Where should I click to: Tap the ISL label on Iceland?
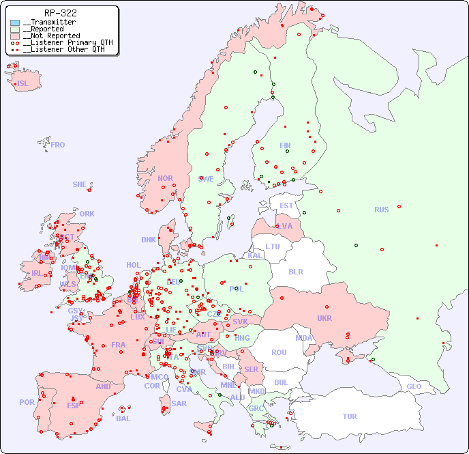tap(22, 84)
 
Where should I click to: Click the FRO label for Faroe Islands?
tap(57, 145)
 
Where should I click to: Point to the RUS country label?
tap(381, 210)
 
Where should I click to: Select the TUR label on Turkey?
tap(350, 416)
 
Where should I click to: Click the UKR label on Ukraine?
tap(324, 318)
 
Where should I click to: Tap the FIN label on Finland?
tap(285, 145)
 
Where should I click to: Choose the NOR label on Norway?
tap(165, 178)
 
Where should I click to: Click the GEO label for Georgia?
tap(414, 386)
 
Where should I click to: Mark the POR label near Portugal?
tap(27, 402)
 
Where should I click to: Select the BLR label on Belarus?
tap(295, 271)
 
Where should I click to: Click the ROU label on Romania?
tap(279, 352)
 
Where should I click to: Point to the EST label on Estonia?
tap(286, 205)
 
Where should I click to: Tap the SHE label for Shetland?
tap(80, 184)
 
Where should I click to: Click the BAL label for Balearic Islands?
tap(123, 418)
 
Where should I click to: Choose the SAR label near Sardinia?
tap(179, 403)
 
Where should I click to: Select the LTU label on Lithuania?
tap(273, 246)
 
